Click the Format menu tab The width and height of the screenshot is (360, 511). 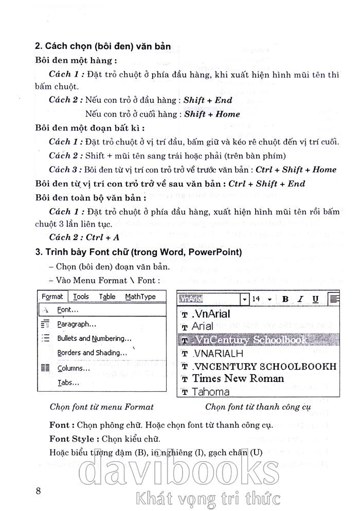click(x=52, y=297)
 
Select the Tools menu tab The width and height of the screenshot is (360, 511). click(x=80, y=297)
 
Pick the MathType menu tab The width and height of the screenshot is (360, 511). click(x=140, y=297)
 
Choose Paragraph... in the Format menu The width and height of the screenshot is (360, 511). click(x=77, y=324)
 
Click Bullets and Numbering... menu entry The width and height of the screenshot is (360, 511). click(x=94, y=338)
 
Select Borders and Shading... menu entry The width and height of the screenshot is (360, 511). click(x=92, y=353)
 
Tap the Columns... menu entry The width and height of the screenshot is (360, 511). click(x=74, y=368)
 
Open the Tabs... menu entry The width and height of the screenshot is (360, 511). click(x=68, y=382)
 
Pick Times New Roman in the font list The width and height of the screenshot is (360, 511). click(x=238, y=379)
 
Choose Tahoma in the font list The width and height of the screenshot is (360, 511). click(x=210, y=392)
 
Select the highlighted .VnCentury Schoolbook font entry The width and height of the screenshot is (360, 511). click(x=249, y=340)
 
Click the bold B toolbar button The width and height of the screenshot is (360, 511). click(x=285, y=299)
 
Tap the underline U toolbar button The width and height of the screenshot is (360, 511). click(x=315, y=299)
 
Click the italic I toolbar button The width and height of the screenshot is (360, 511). click(x=300, y=299)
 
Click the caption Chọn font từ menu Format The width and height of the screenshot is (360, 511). click(x=102, y=407)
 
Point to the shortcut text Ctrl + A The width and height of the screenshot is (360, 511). click(x=102, y=237)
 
